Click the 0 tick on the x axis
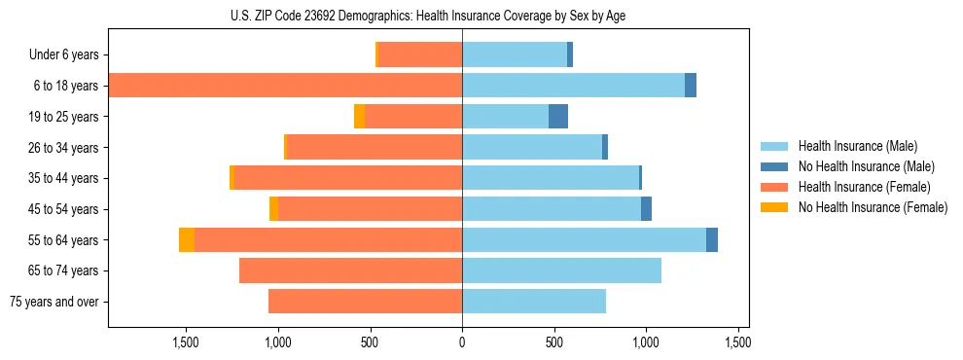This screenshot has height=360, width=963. pos(462,342)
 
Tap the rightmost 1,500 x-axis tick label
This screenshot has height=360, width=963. pos(737,342)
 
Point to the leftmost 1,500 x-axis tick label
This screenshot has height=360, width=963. pos(186,342)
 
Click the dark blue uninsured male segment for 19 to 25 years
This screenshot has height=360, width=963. pos(558,117)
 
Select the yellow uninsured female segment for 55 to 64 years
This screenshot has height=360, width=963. pos(187,240)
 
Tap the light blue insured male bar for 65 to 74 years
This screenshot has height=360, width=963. pos(561,270)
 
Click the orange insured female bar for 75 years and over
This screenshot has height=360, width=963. pos(365,302)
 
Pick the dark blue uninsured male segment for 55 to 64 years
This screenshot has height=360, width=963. pos(712,240)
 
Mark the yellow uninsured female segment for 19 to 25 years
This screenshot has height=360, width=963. pos(359,117)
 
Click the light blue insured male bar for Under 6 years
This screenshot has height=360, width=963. pos(515,55)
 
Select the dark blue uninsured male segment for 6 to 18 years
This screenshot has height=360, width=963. pos(691,86)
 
